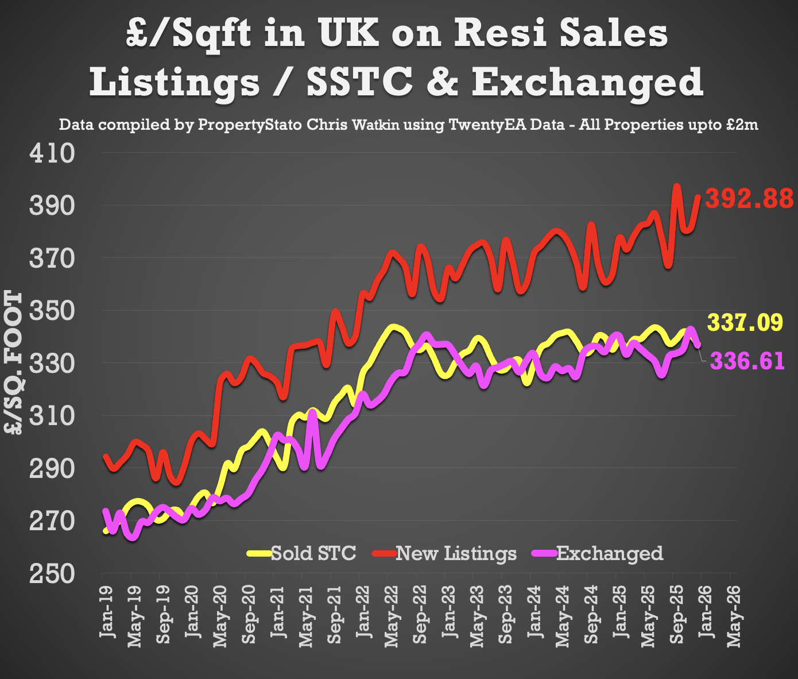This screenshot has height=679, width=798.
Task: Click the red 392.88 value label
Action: [749, 199]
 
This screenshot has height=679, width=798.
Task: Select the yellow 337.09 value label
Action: [745, 322]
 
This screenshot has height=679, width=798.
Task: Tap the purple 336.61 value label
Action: [747, 361]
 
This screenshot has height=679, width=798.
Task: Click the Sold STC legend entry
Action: [313, 553]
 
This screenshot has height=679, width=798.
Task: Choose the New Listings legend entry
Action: [456, 553]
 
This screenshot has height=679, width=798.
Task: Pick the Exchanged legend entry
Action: [610, 553]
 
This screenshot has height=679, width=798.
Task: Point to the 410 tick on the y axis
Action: [52, 153]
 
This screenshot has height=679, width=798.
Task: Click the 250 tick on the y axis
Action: [52, 574]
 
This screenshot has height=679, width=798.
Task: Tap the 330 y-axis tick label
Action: [52, 364]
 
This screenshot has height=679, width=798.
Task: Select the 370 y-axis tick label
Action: [52, 259]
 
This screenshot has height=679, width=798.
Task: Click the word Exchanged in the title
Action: [587, 82]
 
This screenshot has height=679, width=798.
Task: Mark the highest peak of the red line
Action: [676, 186]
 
